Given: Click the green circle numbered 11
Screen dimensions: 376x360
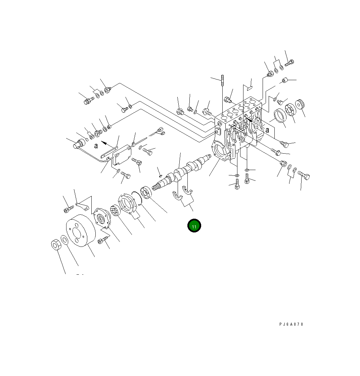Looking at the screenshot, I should (194, 226).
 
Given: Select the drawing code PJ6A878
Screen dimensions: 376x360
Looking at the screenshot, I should (291, 324).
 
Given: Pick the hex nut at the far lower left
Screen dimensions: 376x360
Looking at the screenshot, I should (56, 245).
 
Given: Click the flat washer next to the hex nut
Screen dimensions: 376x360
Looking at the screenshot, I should (64, 240).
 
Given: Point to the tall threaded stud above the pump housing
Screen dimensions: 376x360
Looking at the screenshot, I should (222, 82).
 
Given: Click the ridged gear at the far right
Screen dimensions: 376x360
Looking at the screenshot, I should (300, 104).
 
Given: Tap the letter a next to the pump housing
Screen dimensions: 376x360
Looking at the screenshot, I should (267, 130).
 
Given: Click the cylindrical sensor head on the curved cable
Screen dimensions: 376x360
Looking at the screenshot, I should (79, 143).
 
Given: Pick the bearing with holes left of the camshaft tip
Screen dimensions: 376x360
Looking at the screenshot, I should (147, 193).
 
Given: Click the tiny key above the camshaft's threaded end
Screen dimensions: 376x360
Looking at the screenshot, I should (160, 174).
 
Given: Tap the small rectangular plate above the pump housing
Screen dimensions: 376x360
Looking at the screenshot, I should (249, 88).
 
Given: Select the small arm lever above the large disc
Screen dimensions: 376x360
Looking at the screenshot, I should (84, 205).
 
